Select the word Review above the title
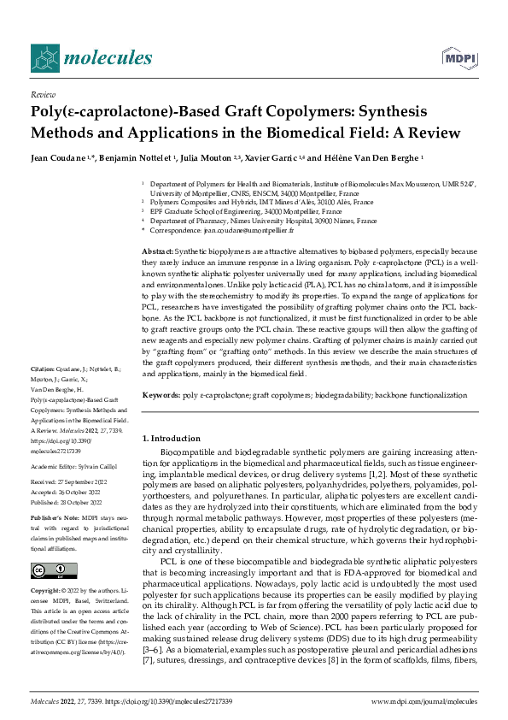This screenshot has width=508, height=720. coord(43,95)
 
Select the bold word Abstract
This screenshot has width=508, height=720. coord(157,250)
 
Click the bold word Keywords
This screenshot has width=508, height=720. coord(160,395)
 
